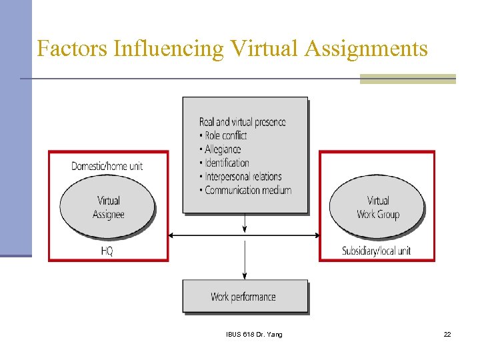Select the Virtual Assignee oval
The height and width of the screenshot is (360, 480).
(108, 207)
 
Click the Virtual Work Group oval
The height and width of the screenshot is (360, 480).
(377, 207)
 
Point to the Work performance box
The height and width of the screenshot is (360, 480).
(245, 297)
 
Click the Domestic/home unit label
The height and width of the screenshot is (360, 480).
(107, 165)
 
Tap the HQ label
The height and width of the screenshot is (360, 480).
(107, 251)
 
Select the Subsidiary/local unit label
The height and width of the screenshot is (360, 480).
(377, 251)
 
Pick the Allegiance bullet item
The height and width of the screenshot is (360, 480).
(223, 149)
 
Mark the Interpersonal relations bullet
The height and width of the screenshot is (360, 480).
(243, 177)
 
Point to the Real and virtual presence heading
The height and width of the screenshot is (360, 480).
(242, 121)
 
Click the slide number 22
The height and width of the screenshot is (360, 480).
(447, 334)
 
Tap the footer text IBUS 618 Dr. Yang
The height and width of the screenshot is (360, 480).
(254, 334)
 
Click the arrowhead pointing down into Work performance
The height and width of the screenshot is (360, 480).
(245, 275)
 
